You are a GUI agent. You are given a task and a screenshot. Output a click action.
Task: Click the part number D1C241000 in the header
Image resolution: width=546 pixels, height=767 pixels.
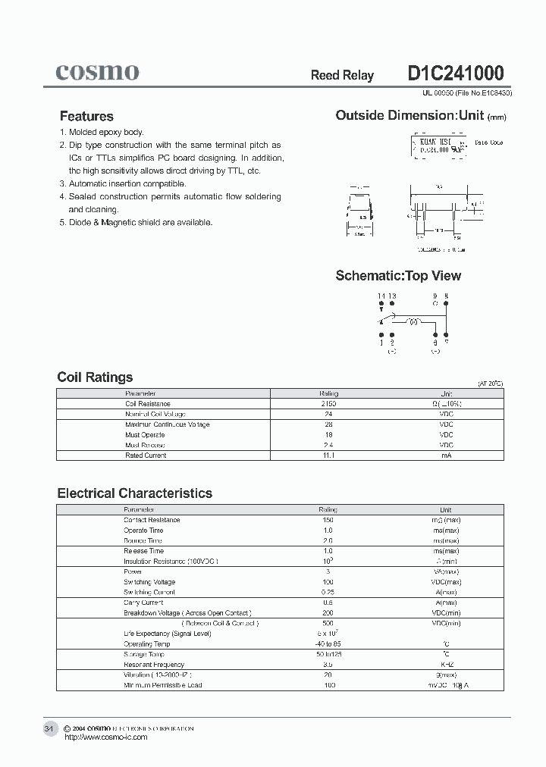point(455,74)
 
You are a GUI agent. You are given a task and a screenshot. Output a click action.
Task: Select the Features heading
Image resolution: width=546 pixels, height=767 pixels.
point(86,116)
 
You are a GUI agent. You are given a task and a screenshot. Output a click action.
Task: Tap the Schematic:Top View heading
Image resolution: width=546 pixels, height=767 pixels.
point(398,276)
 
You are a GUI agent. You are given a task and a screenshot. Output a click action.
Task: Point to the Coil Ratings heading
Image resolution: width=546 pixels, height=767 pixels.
point(95,377)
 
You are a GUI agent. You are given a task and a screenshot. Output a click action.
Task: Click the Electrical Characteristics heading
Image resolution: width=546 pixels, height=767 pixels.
point(134,493)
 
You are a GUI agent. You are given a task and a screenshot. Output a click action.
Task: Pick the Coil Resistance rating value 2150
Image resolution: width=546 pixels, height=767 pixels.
point(328,404)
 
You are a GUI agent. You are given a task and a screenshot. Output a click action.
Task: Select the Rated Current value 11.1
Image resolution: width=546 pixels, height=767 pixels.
point(328,456)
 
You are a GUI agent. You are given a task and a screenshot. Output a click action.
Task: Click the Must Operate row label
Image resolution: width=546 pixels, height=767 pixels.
point(145,435)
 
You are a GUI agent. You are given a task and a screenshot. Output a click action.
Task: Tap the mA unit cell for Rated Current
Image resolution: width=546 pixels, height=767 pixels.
point(446,456)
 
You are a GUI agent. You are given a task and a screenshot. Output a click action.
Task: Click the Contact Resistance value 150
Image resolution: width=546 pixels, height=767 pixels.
point(328,520)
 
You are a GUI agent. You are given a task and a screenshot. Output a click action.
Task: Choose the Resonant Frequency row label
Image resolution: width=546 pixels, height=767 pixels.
point(154,665)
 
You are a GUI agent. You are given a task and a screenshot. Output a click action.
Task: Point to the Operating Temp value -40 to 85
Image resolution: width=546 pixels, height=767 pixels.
point(328,643)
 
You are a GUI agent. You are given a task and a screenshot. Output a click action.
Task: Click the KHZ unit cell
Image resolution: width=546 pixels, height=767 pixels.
point(446,665)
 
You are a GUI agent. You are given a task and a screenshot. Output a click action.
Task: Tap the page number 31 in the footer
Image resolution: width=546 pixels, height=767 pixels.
point(49,728)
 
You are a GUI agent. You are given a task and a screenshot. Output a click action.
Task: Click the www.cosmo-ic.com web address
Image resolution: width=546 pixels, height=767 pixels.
point(106,737)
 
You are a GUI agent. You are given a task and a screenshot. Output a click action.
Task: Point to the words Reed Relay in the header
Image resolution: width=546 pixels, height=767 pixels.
point(342,75)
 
